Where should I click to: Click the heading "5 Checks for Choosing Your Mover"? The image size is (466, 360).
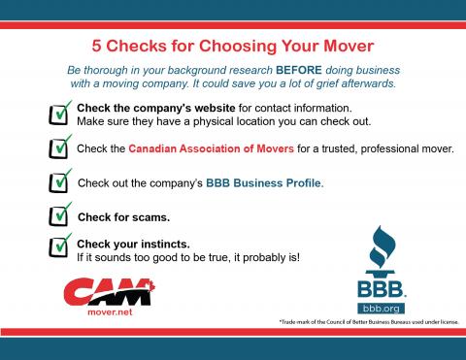coord(233,46)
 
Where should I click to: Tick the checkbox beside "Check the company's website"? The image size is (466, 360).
coord(58,115)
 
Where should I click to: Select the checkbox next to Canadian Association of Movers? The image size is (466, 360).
coord(58,148)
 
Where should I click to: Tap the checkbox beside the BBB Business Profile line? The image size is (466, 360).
coord(58,181)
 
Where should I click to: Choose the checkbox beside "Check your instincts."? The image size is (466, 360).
coord(58,247)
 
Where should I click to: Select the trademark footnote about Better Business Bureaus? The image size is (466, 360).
coord(367,322)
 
